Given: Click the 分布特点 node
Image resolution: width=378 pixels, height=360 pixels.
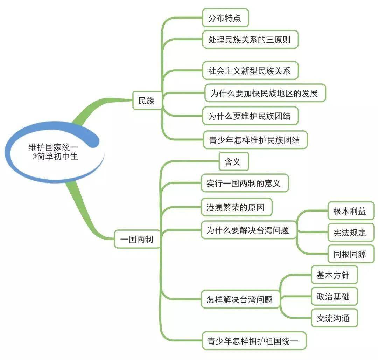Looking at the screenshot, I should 225,18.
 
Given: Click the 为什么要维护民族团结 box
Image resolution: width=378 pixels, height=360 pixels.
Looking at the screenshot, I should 250,116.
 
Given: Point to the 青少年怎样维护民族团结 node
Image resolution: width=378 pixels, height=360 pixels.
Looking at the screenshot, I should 255,140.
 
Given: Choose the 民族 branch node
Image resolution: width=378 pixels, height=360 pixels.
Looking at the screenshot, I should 146,101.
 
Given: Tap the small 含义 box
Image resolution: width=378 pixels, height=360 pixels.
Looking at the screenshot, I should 233,161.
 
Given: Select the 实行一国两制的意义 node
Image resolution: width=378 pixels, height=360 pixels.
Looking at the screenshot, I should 245,183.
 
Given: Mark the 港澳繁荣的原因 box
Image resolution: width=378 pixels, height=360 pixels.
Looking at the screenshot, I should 236,207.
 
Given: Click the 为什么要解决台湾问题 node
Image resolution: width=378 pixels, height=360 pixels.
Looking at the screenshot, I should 248,230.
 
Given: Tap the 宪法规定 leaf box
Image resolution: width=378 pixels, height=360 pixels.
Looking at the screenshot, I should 349,233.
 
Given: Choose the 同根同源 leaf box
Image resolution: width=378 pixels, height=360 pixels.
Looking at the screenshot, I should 349,254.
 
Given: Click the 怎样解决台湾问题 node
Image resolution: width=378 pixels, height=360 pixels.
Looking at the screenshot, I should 240,299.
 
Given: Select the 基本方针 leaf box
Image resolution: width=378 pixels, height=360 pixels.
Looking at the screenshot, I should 335,275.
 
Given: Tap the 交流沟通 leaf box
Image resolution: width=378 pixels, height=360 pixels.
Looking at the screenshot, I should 335,318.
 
